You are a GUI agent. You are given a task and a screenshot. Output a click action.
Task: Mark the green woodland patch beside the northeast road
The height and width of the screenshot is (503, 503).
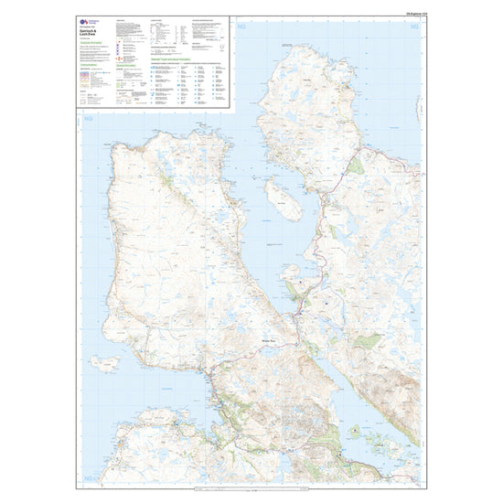pyautogui.click(x=357, y=165)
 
